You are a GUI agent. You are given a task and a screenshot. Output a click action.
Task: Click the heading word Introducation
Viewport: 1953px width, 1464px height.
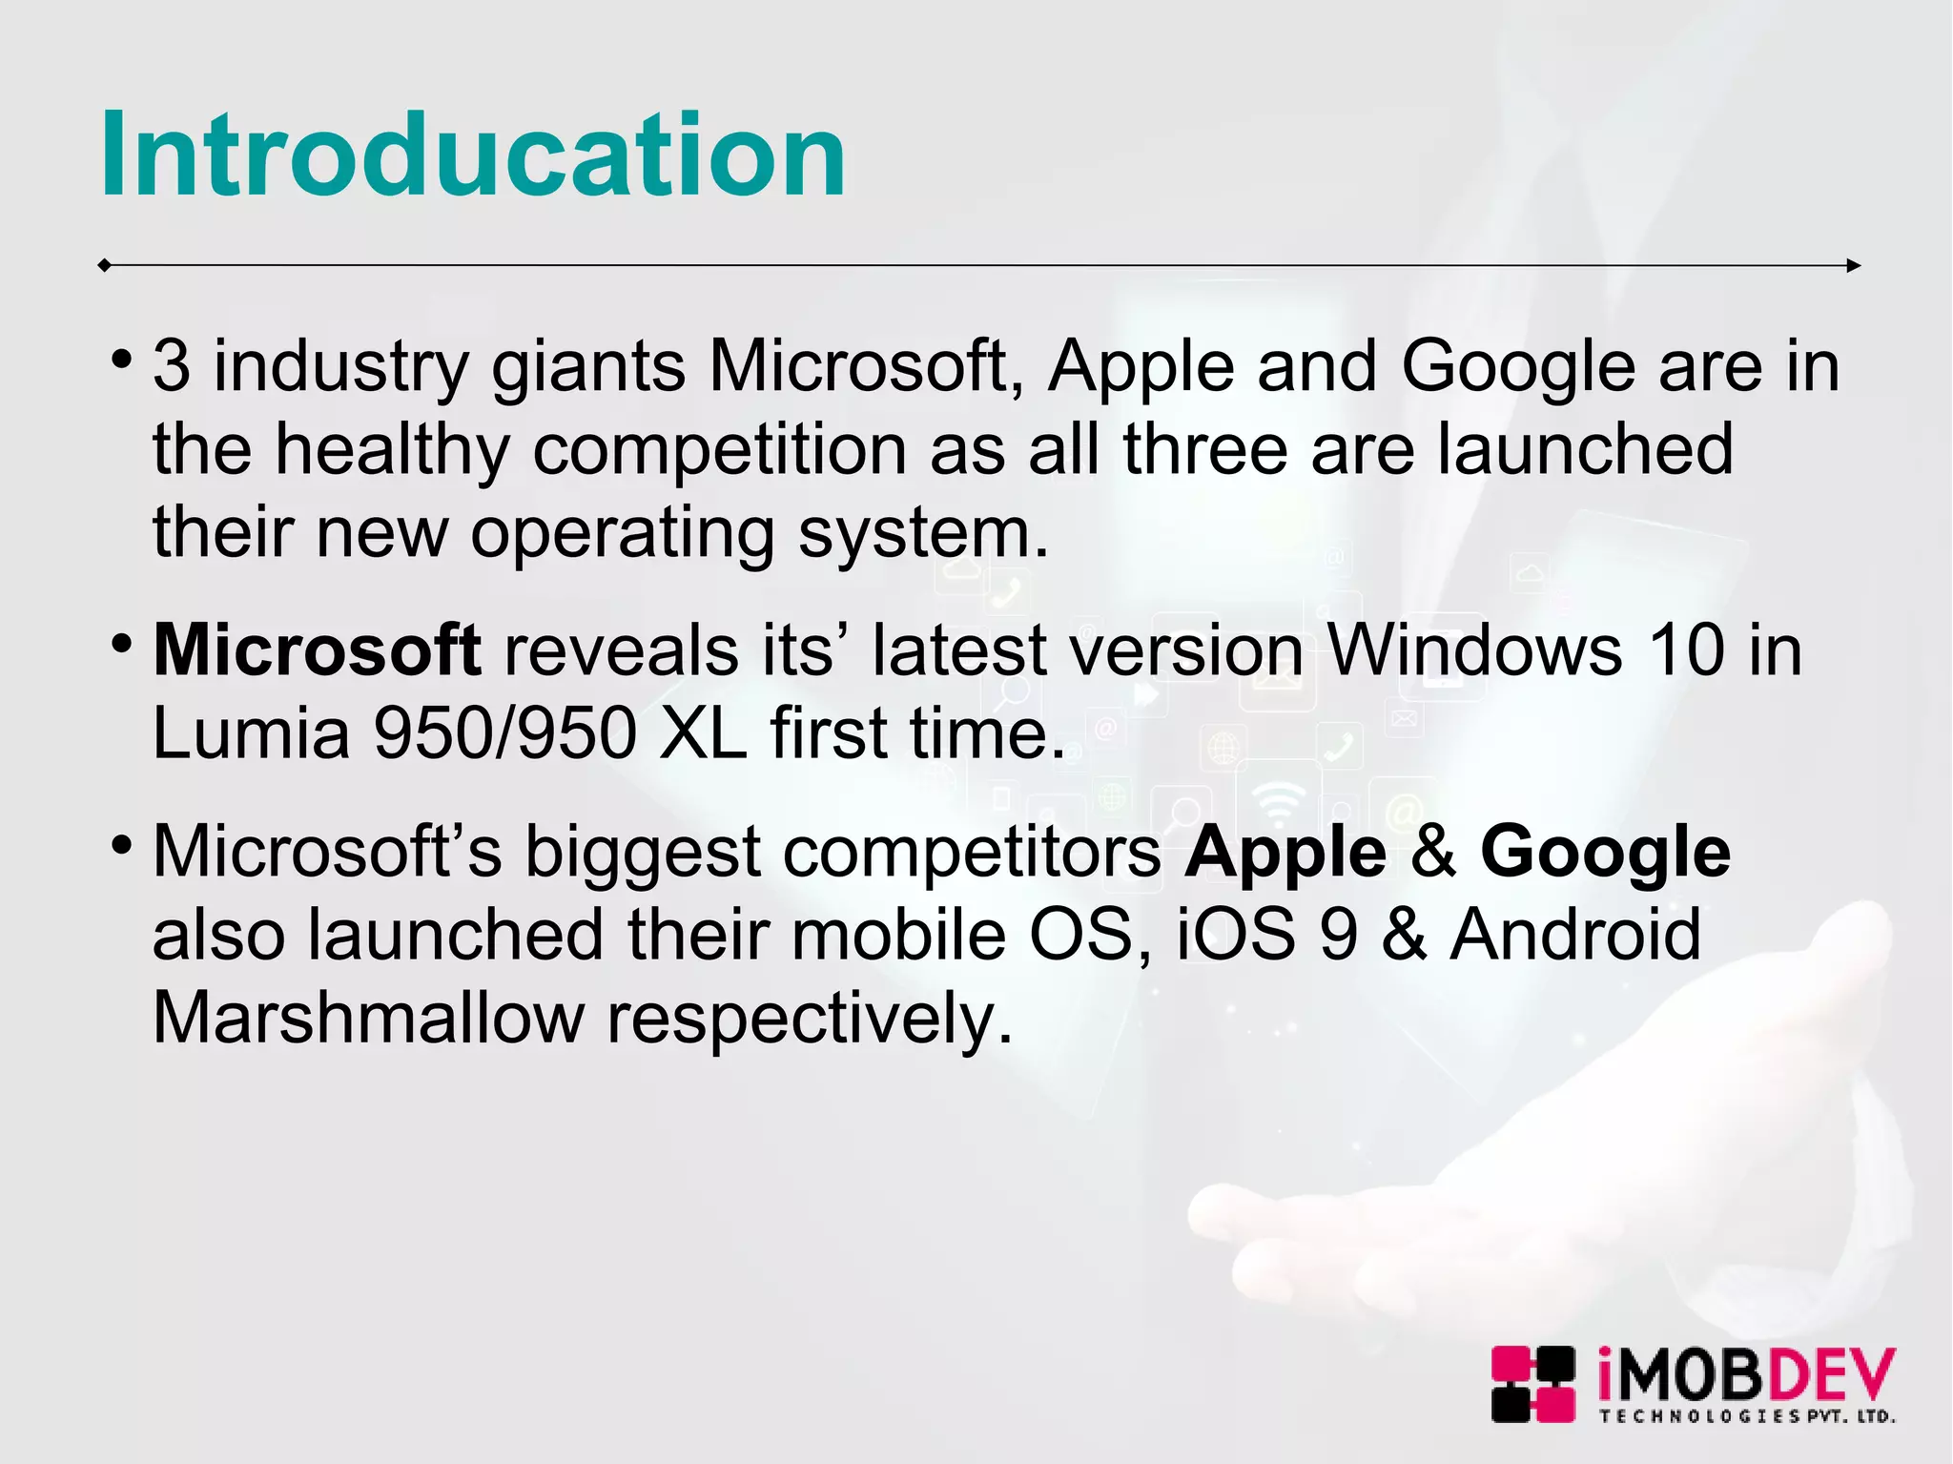pyautogui.click(x=472, y=155)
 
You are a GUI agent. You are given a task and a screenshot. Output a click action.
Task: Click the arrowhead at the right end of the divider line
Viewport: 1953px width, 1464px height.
pyautogui.click(x=1853, y=266)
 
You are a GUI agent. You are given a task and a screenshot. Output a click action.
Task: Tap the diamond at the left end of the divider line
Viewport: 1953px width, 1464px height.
pyautogui.click(x=104, y=265)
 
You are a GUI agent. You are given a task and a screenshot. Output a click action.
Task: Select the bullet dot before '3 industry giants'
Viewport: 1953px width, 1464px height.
pyautogui.click(x=120, y=360)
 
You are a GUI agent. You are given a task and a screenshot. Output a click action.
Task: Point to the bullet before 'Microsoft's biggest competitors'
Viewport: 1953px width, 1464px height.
pyautogui.click(x=120, y=845)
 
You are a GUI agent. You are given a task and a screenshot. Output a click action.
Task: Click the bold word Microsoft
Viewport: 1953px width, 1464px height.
pyautogui.click(x=317, y=650)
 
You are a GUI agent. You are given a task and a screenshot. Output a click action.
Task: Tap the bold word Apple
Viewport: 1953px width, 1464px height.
pyautogui.click(x=1285, y=852)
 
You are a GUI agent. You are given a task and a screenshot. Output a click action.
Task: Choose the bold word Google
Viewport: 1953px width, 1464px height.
pyautogui.click(x=1605, y=852)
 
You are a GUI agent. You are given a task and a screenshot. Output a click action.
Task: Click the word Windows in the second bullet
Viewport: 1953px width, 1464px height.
pyautogui.click(x=1474, y=650)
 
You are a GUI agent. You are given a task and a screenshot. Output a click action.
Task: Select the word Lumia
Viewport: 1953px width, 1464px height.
pyautogui.click(x=251, y=732)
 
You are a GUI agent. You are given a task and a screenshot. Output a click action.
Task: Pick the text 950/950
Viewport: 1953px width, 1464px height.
pyautogui.click(x=504, y=732)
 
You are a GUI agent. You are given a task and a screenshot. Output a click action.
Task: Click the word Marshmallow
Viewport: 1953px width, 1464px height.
pyautogui.click(x=368, y=1017)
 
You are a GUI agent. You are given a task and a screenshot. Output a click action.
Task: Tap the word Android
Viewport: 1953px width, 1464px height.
pyautogui.click(x=1575, y=934)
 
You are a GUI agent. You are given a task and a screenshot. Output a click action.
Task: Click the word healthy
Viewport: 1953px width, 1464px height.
pyautogui.click(x=392, y=450)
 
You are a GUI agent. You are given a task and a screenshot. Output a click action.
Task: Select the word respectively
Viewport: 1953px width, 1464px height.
pyautogui.click(x=809, y=1019)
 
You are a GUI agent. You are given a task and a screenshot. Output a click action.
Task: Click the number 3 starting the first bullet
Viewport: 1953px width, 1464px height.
pyautogui.click(x=171, y=366)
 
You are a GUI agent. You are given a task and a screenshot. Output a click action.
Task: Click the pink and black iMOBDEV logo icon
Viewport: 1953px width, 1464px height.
pyautogui.click(x=1532, y=1384)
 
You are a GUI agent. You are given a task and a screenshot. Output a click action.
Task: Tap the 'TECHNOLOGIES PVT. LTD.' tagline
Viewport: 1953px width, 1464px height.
pyautogui.click(x=1746, y=1416)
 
